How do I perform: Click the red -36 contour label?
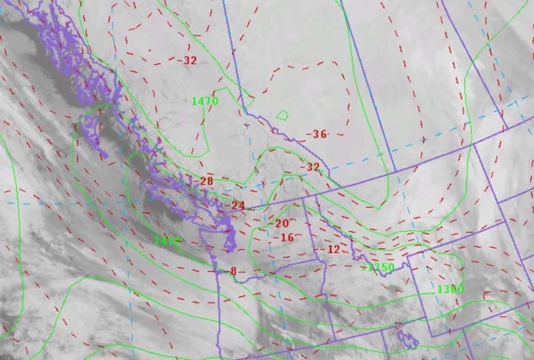(x=318, y=134)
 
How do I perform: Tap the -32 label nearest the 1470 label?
(x=189, y=60)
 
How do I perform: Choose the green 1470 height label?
(x=205, y=100)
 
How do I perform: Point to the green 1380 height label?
(x=450, y=289)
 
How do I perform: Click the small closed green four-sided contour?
(x=282, y=114)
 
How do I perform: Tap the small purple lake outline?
(x=408, y=339)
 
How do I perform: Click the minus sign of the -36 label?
(x=309, y=135)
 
